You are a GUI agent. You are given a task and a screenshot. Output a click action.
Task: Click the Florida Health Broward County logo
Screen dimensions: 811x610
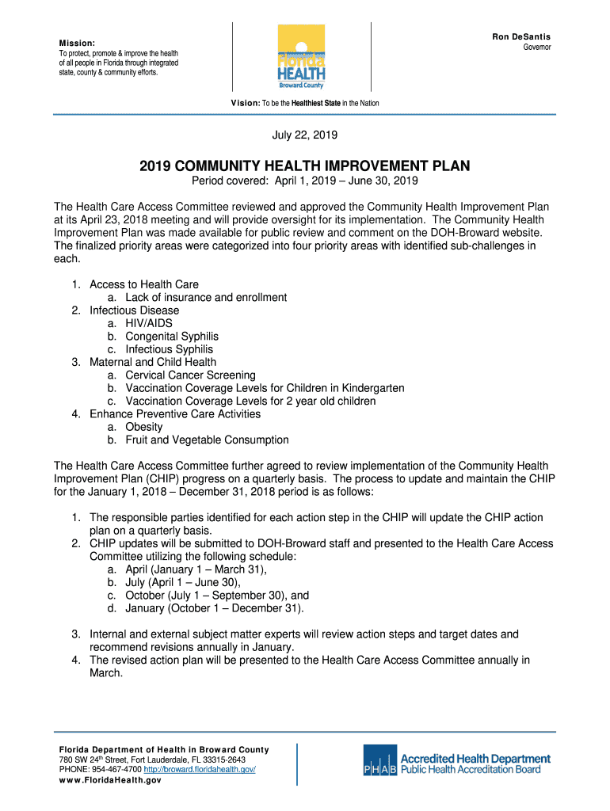click(301, 57)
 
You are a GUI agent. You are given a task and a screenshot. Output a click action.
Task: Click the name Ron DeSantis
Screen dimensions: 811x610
click(521, 37)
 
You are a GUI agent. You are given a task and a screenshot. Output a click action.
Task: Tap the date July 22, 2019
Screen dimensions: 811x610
click(305, 135)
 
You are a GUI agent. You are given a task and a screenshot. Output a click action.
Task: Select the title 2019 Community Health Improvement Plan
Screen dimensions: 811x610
click(305, 166)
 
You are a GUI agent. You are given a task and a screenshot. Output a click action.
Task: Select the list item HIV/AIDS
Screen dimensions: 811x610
click(149, 323)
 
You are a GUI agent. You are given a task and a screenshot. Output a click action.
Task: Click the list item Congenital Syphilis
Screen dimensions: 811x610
click(172, 337)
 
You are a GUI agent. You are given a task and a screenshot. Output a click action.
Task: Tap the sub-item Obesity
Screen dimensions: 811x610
click(144, 427)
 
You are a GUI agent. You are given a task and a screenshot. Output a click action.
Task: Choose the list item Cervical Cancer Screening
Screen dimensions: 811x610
click(190, 375)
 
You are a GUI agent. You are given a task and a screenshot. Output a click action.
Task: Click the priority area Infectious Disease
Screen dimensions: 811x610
click(135, 310)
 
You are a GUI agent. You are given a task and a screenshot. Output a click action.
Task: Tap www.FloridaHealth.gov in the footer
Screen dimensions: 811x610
click(110, 780)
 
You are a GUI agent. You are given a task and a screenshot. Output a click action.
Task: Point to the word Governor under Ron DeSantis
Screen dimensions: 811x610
click(536, 48)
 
